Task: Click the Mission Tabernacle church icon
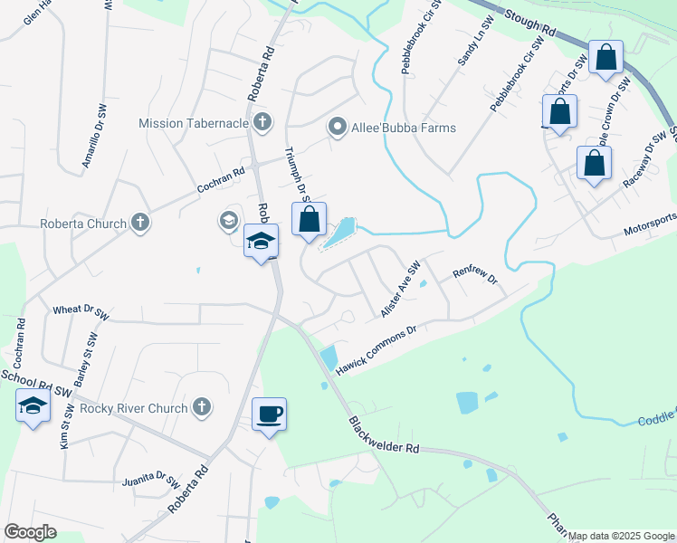tap(262, 122)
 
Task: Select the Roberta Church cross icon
tap(139, 223)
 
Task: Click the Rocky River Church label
tap(133, 408)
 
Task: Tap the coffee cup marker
tap(269, 415)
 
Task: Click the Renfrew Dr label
tap(476, 273)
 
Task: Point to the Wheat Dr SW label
tap(81, 310)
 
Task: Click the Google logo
tap(30, 532)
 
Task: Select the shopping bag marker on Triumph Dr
tap(309, 220)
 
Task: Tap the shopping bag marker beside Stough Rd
tap(605, 58)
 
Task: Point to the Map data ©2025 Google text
tap(620, 536)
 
